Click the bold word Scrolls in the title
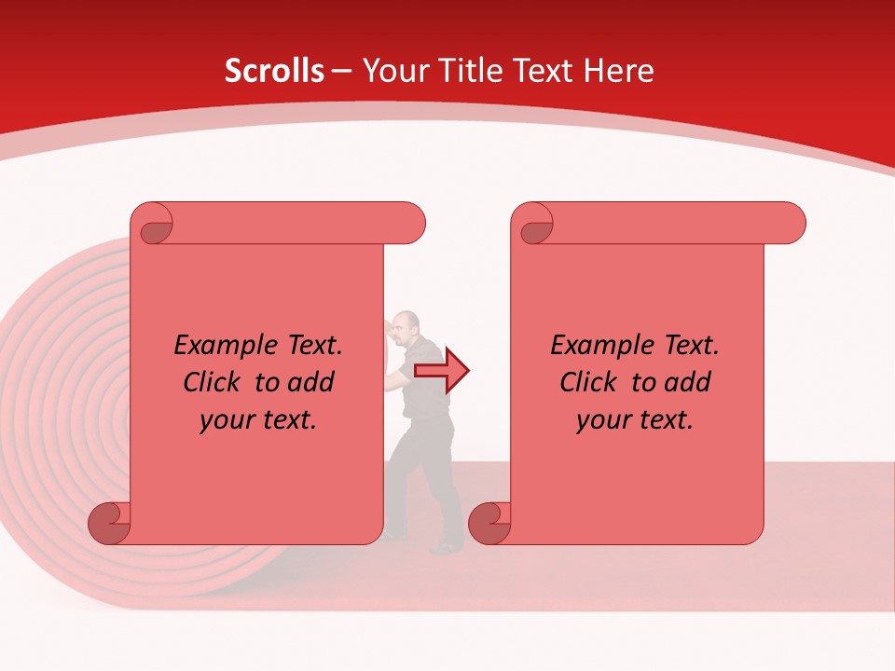pyautogui.click(x=274, y=71)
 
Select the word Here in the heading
pyautogui.click(x=618, y=71)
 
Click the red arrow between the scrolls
pyautogui.click(x=442, y=371)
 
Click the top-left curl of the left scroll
pyautogui.click(x=156, y=227)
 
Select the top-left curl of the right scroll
pyautogui.click(x=536, y=227)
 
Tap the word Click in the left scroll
pyautogui.click(x=213, y=382)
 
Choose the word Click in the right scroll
pyautogui.click(x=590, y=382)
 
